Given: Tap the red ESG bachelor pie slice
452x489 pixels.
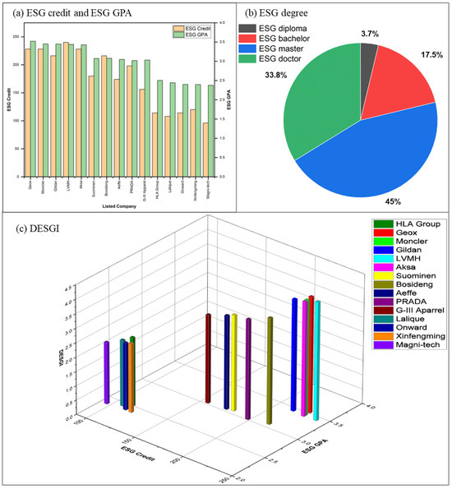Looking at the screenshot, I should (x=403, y=82).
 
